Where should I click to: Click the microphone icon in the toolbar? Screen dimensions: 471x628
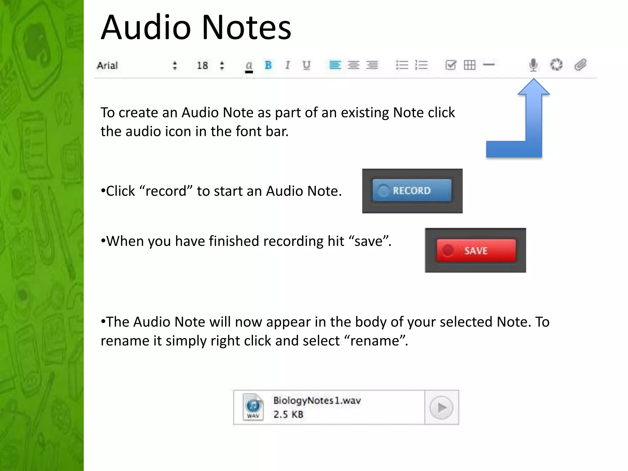tap(533, 65)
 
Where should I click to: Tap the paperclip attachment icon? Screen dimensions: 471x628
tap(580, 65)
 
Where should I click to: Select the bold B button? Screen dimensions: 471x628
tap(268, 65)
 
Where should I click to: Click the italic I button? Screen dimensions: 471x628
tap(287, 65)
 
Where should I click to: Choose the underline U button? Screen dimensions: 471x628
tap(306, 65)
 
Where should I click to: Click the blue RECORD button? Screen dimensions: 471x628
tap(412, 191)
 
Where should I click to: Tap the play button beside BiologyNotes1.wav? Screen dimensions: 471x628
tap(441, 408)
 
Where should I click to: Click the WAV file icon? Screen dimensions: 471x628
tap(253, 407)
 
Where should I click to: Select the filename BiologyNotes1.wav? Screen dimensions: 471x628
tap(317, 400)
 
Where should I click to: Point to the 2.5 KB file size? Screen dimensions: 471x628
tap(288, 415)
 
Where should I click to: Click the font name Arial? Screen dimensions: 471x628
tap(107, 65)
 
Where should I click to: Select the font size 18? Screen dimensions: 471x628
tap(202, 65)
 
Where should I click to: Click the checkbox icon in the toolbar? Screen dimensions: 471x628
tap(451, 65)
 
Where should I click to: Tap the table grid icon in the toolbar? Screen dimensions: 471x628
tap(469, 65)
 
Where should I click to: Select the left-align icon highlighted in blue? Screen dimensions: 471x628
tap(335, 65)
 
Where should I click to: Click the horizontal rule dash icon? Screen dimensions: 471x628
tap(489, 65)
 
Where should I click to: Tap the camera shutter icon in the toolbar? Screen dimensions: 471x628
tap(556, 65)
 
